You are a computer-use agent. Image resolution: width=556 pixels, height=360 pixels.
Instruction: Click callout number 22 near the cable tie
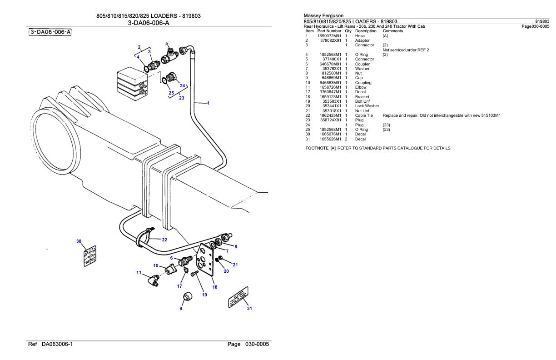click(x=164, y=240)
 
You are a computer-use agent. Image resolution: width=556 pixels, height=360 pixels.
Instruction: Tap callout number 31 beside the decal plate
click(x=248, y=309)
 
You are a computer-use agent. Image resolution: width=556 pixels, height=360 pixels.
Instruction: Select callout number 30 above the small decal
click(x=79, y=241)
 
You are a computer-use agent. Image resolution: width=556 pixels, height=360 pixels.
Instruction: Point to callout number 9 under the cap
click(x=181, y=308)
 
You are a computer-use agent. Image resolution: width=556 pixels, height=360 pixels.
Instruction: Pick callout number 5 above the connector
click(x=167, y=44)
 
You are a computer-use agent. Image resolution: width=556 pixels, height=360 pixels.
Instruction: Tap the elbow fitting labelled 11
click(x=150, y=280)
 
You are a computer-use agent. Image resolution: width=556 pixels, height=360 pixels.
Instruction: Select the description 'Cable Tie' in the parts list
click(x=364, y=115)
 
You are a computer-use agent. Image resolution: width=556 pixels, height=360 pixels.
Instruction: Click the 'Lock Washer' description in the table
click(x=367, y=106)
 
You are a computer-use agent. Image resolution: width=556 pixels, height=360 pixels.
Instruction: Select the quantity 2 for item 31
click(x=346, y=139)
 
